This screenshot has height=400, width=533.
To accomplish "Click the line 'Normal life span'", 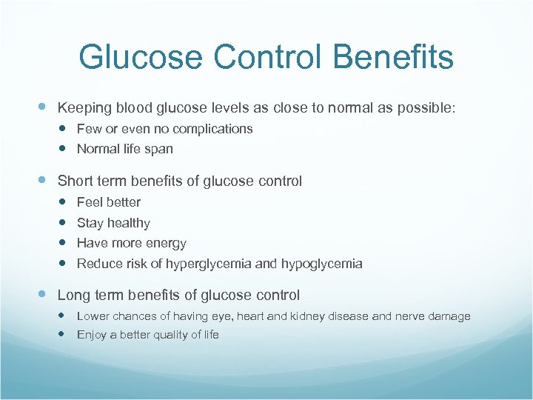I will pos(124,149).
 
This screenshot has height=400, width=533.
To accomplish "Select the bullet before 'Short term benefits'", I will pos(42,181).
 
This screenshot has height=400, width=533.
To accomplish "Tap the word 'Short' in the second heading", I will pos(74,181).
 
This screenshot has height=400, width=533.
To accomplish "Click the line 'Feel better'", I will pos(108,202).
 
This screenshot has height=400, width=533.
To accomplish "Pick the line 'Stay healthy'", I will pos(113,223).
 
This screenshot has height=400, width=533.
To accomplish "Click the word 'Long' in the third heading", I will pos(73,296).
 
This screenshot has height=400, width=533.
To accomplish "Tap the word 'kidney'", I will pos(306,316).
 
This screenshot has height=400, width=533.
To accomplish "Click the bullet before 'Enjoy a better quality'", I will pos(62,335).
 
